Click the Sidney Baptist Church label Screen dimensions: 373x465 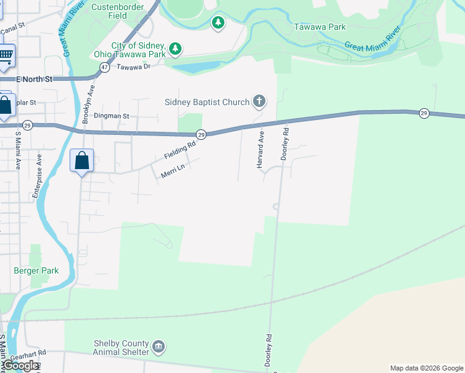point(206,102)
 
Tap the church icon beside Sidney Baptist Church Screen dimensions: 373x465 point(259,101)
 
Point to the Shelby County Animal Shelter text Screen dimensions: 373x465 point(121,348)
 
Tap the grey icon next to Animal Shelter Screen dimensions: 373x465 point(159,346)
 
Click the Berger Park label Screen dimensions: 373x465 point(36,270)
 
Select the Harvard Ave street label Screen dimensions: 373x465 point(260,149)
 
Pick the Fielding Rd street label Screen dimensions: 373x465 point(180,150)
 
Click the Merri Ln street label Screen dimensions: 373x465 point(173,172)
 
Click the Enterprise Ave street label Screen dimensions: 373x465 point(36,177)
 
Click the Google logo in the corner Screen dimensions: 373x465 point(21,366)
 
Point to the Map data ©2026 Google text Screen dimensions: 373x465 point(426,368)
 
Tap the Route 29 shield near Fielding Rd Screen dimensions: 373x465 point(201,134)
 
